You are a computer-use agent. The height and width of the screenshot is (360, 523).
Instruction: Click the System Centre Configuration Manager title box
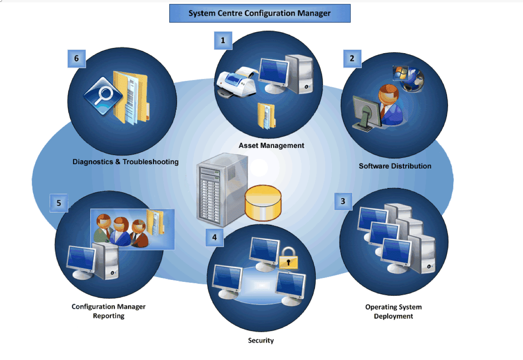coord(260,13)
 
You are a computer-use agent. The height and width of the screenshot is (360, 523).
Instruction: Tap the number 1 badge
coord(223,40)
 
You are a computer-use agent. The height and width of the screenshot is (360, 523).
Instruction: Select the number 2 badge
coord(352,58)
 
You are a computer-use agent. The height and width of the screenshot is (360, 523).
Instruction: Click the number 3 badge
coord(343,201)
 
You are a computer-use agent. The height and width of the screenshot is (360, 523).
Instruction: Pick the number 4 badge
coord(214,237)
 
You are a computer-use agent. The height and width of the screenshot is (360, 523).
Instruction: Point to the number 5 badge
coord(59,203)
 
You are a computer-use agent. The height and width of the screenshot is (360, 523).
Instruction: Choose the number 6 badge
coord(76,59)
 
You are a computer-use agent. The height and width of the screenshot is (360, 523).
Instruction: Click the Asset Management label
coord(271,146)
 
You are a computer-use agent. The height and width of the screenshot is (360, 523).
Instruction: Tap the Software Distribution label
coord(395,166)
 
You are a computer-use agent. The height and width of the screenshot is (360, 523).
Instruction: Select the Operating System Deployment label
coord(393,312)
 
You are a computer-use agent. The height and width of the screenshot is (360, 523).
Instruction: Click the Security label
coord(261,341)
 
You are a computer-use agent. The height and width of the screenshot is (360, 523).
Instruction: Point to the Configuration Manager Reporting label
coord(109,311)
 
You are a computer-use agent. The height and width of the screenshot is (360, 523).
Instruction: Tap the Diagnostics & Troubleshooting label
coord(126,162)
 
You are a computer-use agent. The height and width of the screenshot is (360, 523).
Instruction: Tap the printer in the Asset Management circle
coord(237,82)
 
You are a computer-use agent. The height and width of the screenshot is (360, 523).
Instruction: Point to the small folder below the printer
coord(266,115)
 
